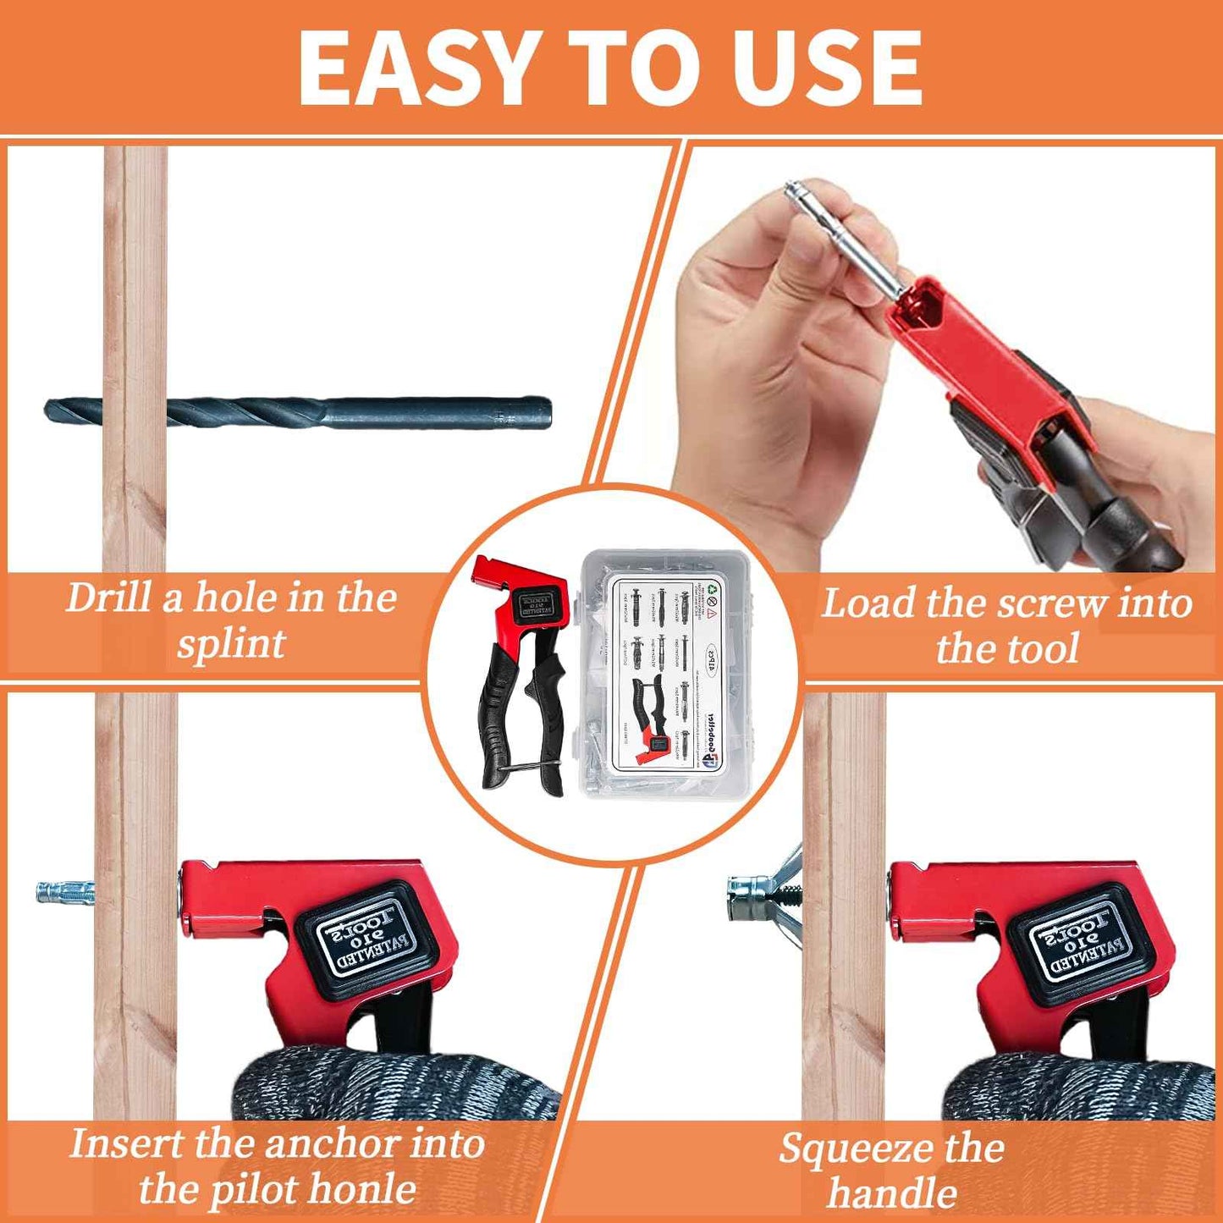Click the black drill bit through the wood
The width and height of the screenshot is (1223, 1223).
point(296,412)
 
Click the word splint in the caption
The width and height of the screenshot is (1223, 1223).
point(230,645)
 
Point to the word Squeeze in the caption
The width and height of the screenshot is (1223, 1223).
point(856,1149)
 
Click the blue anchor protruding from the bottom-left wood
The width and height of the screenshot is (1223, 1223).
point(63,891)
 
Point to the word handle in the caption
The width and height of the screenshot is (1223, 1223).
point(892,1193)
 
